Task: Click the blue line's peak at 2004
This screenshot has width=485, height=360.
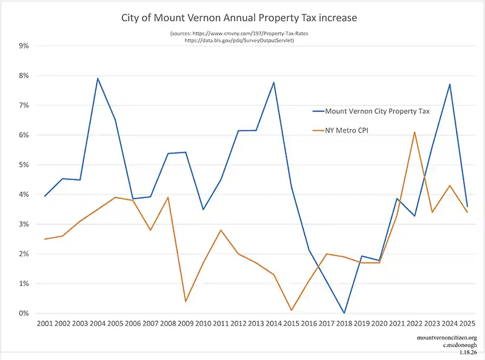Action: pos(98,78)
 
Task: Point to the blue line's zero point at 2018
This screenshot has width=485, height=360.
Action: pos(344,313)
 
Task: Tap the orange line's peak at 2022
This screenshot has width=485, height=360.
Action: pos(413,132)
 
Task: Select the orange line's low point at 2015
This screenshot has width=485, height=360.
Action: pos(291,310)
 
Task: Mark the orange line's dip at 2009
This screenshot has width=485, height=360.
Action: pos(185,301)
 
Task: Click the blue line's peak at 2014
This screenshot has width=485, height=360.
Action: pos(273,82)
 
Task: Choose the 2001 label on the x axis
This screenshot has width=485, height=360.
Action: pos(45,325)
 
